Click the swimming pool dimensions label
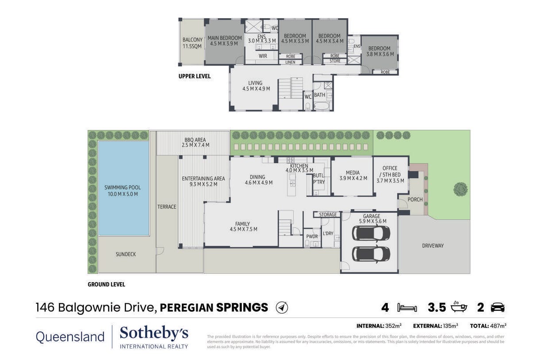pos(123,194)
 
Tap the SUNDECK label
pos(126,254)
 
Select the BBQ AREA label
pos(195,140)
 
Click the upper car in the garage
pos(371,234)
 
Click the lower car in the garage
pos(371,254)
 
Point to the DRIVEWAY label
pos(433,246)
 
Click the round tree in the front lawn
pos(460,189)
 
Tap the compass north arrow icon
pos(282,307)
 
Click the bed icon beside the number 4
pos(407,308)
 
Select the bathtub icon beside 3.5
pos(459,307)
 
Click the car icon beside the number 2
pos(498,307)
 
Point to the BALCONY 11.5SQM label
pos(192,43)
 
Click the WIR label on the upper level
pos(263,56)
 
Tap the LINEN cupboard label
pos(290,62)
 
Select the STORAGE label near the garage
pos(328,214)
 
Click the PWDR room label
pos(312,237)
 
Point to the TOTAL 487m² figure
pos(488,326)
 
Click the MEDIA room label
pos(352,172)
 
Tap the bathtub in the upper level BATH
pos(322,106)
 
